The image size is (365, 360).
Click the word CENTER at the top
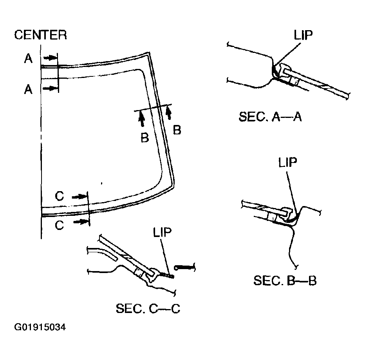(x=40, y=35)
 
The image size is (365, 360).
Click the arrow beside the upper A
(x=49, y=58)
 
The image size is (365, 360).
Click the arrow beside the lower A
(x=49, y=89)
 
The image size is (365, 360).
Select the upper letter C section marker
(x=59, y=196)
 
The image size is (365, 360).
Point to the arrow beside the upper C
(x=79, y=196)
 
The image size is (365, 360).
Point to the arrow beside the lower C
(x=80, y=222)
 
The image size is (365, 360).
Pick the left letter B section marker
(x=145, y=138)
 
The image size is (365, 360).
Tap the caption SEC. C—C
(x=148, y=309)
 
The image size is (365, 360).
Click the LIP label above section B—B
(x=288, y=163)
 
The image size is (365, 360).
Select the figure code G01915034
(x=40, y=327)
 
